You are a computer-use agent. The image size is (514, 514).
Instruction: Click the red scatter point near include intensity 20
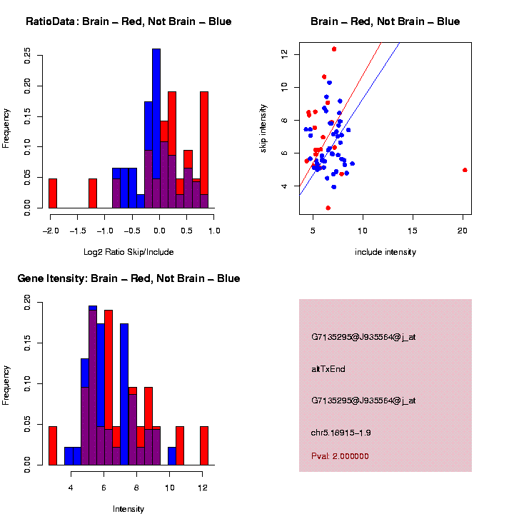pyautogui.click(x=465, y=170)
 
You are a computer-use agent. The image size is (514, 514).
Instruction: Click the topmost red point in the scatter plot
pyautogui.click(x=334, y=49)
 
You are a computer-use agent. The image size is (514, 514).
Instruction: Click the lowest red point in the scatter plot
pyautogui.click(x=328, y=208)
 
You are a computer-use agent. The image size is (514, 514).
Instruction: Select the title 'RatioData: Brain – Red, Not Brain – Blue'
pyautogui.click(x=128, y=21)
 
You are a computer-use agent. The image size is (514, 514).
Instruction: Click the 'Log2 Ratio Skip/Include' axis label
pyautogui.click(x=128, y=252)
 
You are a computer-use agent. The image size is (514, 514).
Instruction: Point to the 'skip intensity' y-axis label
pyautogui.click(x=263, y=126)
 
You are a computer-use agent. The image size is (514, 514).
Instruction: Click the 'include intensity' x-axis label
pyautogui.click(x=385, y=252)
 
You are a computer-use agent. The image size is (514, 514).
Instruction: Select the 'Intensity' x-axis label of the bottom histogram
pyautogui.click(x=128, y=509)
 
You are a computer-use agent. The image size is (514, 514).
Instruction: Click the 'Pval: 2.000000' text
pyautogui.click(x=340, y=456)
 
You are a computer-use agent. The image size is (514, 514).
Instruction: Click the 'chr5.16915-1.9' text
pyautogui.click(x=341, y=433)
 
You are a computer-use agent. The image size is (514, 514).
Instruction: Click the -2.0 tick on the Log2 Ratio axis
pyautogui.click(x=49, y=231)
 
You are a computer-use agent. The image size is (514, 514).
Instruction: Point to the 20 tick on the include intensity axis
pyautogui.click(x=463, y=231)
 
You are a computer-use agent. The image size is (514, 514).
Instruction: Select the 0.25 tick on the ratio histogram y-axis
pyautogui.click(x=27, y=55)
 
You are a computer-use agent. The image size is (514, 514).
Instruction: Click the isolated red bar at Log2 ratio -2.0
pyautogui.click(x=53, y=193)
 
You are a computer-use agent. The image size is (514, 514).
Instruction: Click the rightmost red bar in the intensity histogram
pyautogui.click(x=204, y=445)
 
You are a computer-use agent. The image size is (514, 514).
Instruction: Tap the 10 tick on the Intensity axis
pyautogui.click(x=171, y=488)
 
